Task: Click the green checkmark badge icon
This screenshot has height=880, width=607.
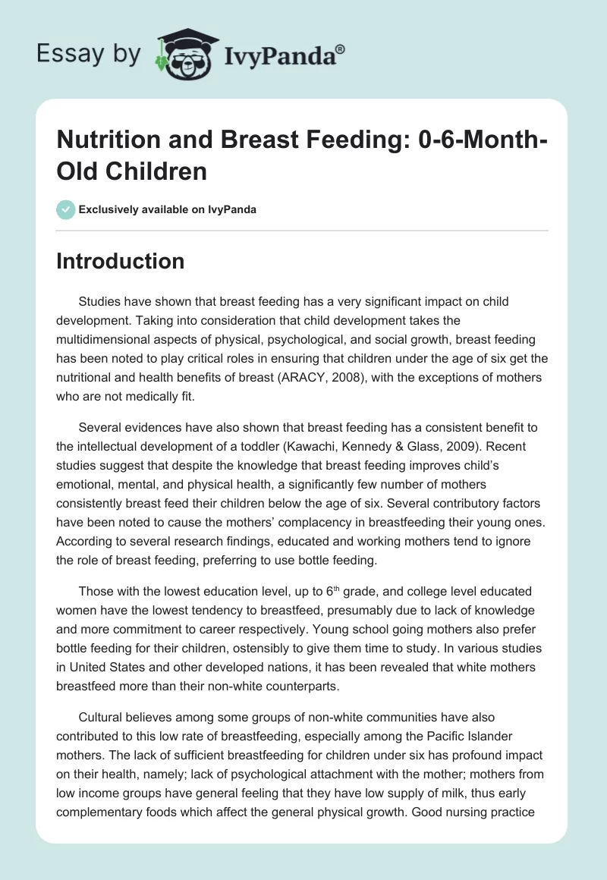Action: pos(66,209)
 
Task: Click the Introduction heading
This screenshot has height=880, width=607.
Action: pos(121,261)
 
